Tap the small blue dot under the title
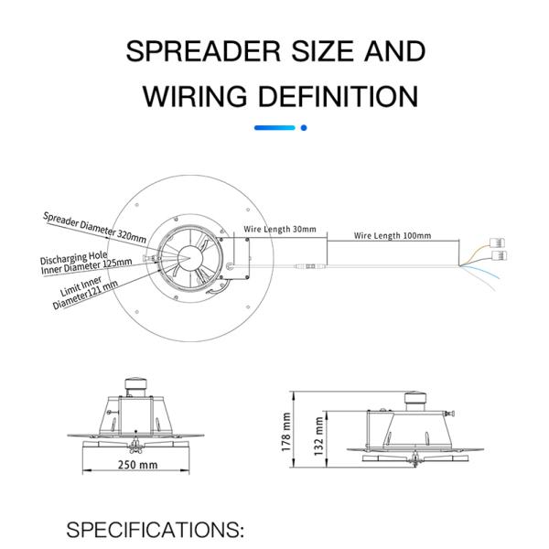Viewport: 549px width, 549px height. (x=303, y=128)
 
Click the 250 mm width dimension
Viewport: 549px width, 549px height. (x=136, y=465)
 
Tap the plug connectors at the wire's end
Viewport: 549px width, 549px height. (x=501, y=249)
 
